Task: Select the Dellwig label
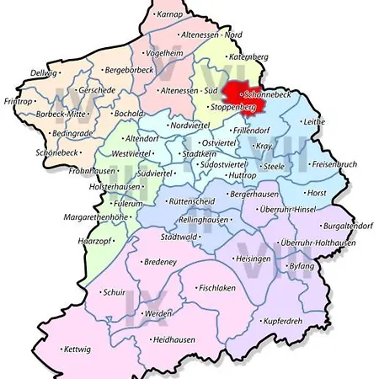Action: click(43, 72)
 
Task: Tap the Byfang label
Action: click(301, 266)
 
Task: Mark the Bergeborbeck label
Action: click(128, 70)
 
